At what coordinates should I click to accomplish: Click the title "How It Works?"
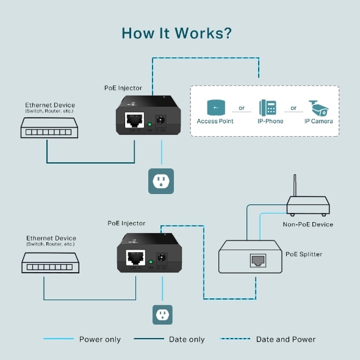pos(176,32)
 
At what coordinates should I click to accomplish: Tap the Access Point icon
pos(216,108)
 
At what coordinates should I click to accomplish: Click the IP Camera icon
pos(318,108)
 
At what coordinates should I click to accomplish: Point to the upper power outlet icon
pos(161,181)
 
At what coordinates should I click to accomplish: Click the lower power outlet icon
pos(162,315)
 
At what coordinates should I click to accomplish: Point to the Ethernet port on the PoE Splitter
pos(257,261)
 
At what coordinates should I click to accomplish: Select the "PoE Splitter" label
pos(304,254)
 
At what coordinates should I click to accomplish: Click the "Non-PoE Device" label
pos(308,225)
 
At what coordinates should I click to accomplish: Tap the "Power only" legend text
pos(100,339)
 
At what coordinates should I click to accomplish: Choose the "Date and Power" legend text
pos(286,339)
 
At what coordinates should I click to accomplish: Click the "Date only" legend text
pos(187,339)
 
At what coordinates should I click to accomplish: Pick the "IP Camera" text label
pos(319,121)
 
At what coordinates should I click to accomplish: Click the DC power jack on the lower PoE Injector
pos(162,257)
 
